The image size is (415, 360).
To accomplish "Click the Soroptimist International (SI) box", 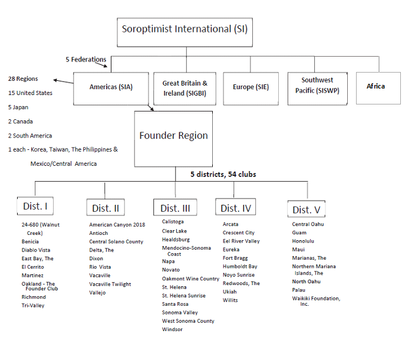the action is click(185, 32).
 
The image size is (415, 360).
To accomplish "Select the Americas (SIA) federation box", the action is click(111, 89).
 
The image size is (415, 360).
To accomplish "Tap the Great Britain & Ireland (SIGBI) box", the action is click(185, 89).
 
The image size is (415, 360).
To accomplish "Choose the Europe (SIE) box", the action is click(251, 89).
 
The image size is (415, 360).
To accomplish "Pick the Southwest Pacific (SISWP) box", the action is click(318, 89).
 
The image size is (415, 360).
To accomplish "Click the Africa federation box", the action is click(378, 88).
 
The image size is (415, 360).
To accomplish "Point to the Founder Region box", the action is click(173, 139).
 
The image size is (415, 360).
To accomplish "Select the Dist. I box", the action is click(35, 206).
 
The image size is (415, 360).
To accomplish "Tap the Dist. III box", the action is click(175, 207).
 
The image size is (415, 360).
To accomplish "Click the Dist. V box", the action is click(307, 209).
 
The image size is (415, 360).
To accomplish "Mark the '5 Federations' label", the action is click(86, 60).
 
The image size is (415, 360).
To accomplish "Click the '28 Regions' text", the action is click(23, 78).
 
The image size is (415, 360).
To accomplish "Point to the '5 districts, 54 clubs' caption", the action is click(223, 174).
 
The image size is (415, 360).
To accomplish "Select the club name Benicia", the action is click(30, 241).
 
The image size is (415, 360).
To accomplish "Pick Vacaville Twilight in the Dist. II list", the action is click(110, 284).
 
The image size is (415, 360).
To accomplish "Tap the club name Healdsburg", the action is click(176, 240).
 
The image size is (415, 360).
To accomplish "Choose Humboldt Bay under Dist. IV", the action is click(240, 267).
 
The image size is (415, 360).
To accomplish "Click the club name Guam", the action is click(299, 233).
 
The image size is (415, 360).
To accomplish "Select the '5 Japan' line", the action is click(18, 107).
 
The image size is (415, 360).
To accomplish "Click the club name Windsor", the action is click(172, 329).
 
